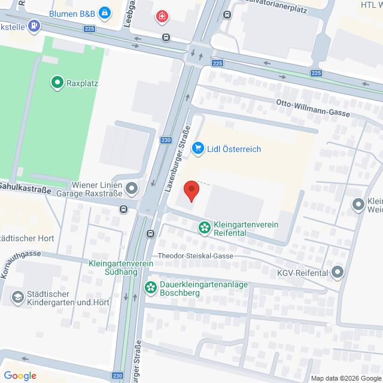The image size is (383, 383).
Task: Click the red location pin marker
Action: tap(191, 190)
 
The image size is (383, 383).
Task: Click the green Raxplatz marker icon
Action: tap(57, 83)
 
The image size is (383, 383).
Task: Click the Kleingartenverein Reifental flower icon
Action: tap(205, 227)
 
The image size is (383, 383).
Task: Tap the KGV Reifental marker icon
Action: tap(338, 273)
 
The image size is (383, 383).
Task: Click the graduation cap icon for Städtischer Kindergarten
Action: tap(17, 296)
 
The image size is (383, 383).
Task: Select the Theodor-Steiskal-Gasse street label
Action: tap(194, 256)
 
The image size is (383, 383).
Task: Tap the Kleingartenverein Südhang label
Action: tap(113, 268)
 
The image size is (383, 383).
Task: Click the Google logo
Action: tap(19, 375)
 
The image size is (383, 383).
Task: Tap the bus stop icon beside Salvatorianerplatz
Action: tap(227, 14)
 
